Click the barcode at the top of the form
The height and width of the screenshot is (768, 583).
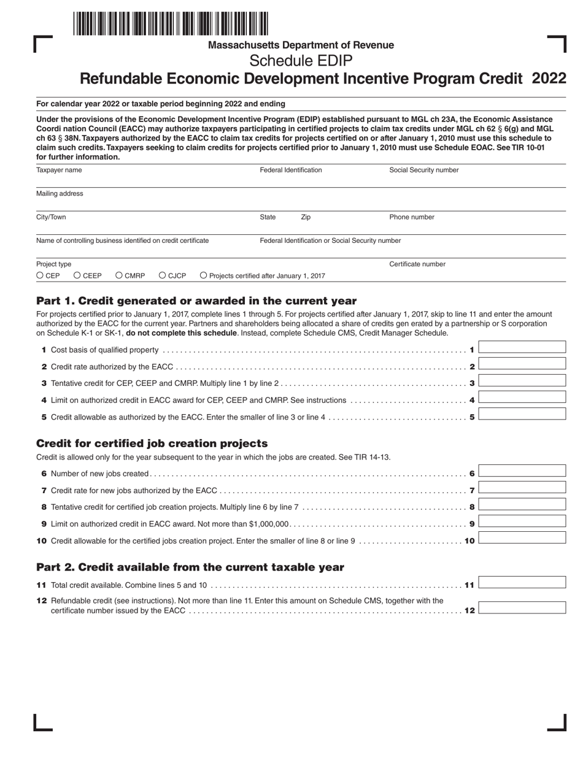click(x=171, y=24)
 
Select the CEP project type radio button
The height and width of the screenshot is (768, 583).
click(x=41, y=276)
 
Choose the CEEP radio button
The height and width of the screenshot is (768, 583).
click(x=77, y=276)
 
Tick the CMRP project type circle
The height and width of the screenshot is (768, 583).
click(x=119, y=276)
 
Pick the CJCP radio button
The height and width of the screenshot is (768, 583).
click(x=163, y=276)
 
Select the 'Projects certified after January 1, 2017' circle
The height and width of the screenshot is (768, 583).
click(x=204, y=276)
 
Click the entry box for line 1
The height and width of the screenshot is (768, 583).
click(x=522, y=347)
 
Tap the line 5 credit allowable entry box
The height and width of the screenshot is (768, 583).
click(x=522, y=413)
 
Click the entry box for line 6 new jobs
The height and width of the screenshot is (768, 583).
click(x=522, y=471)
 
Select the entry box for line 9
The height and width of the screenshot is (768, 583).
click(x=522, y=521)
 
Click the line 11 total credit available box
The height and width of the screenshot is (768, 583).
click(x=522, y=582)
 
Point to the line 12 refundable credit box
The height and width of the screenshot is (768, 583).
click(x=522, y=608)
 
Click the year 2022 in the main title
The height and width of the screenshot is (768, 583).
click(x=549, y=79)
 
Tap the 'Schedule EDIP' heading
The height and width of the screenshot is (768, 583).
click(x=301, y=61)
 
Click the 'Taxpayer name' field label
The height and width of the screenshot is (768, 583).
click(x=59, y=170)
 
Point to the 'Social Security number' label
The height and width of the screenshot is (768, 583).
click(x=423, y=170)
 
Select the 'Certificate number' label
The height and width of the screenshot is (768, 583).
click(x=417, y=264)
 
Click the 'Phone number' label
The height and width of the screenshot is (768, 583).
click(x=412, y=217)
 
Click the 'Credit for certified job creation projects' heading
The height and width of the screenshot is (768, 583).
click(x=152, y=444)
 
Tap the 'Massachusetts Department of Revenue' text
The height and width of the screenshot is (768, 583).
click(x=301, y=45)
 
